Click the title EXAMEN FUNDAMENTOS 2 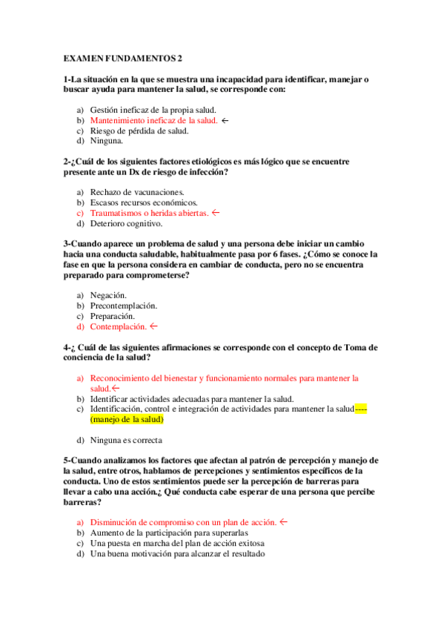[122, 57]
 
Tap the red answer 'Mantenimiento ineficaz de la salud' [153, 119]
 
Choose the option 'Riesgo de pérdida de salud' [139, 130]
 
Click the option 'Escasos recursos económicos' [144, 202]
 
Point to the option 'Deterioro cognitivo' [126, 223]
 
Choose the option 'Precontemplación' [123, 305]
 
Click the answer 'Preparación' [112, 315]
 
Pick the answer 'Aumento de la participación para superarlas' [168, 533]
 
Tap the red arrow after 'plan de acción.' [284, 522]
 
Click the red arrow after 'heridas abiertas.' [216, 212]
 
